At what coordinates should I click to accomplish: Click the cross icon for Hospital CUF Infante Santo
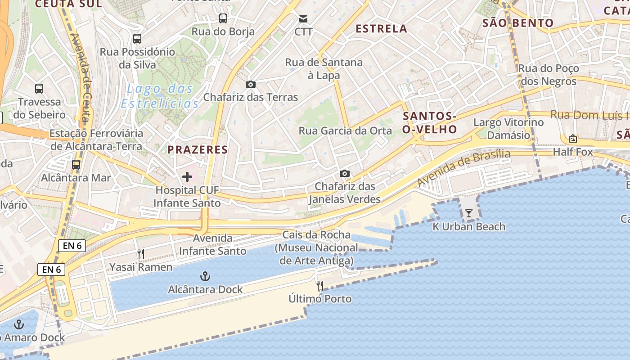tap(187, 177)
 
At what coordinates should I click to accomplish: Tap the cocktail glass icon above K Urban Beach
tap(469, 213)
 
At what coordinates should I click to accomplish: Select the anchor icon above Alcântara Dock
tap(205, 276)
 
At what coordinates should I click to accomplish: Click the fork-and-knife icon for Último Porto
tap(320, 285)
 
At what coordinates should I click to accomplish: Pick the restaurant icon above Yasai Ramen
tap(141, 254)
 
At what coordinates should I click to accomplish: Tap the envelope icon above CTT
tap(303, 19)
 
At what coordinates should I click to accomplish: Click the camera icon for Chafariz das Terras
tap(251, 84)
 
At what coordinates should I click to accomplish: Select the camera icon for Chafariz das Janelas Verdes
tap(345, 173)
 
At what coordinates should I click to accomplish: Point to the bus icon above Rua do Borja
tap(223, 18)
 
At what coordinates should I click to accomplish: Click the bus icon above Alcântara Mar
tap(76, 165)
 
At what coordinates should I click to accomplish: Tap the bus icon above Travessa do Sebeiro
tap(39, 89)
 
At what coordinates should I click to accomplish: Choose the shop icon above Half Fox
tap(573, 139)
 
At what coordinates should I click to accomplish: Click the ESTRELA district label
tap(381, 29)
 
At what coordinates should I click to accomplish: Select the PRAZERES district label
tap(198, 150)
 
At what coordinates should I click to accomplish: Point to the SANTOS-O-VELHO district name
tap(430, 123)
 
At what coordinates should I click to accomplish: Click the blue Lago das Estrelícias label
tap(160, 96)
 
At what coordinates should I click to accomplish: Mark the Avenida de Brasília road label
tap(464, 168)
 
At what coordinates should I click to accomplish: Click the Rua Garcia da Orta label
tap(346, 131)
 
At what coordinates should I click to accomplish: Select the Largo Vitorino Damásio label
tap(508, 129)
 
